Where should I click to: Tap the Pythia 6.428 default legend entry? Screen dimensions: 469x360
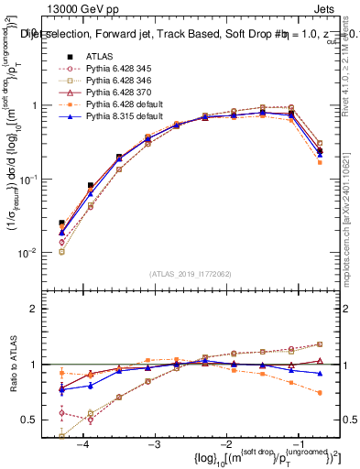coord(125,105)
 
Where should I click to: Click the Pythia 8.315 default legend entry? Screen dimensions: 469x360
coord(125,118)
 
